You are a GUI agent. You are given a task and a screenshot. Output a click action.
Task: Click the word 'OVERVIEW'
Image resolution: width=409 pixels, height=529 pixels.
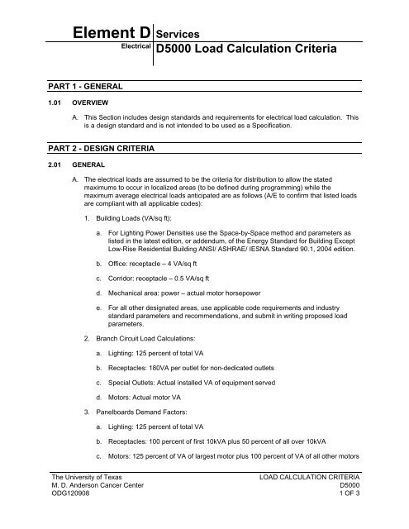coord(70,104)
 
